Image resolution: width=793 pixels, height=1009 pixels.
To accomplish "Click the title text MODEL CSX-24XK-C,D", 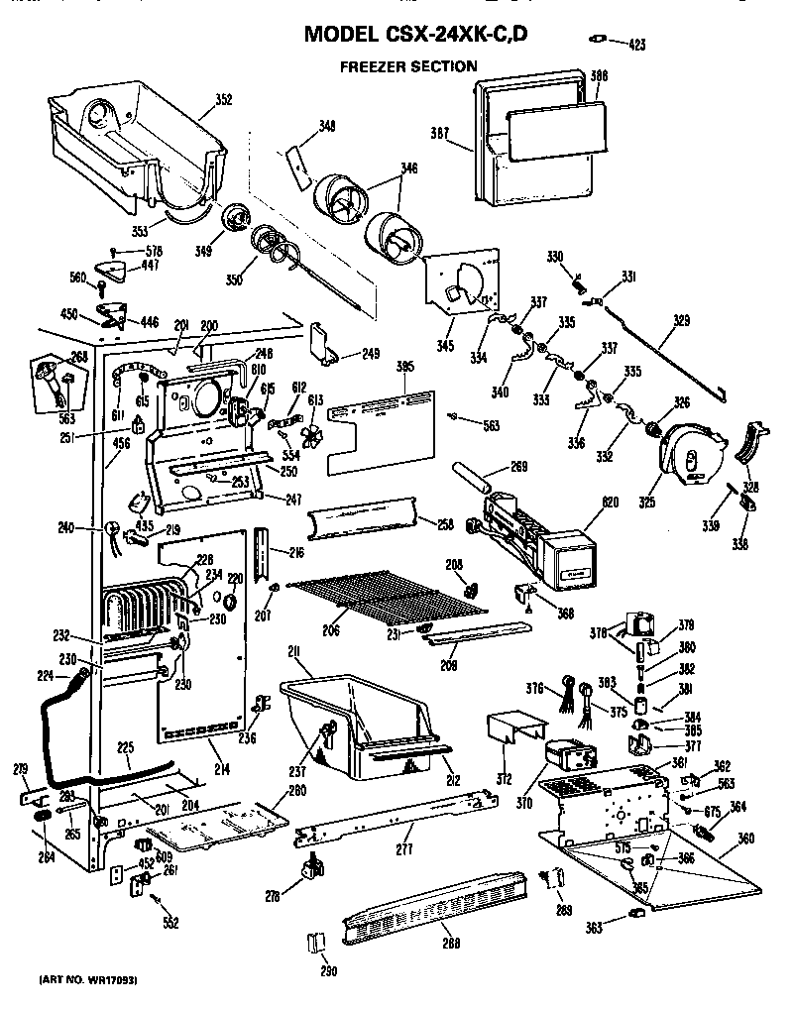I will tap(414, 34).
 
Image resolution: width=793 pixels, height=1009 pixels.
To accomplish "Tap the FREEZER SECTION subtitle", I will tap(408, 67).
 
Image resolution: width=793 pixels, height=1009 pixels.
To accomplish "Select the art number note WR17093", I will tap(87, 979).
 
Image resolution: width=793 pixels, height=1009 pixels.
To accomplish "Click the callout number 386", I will tap(599, 75).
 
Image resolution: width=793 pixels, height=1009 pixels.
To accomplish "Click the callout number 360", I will tap(746, 839).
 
